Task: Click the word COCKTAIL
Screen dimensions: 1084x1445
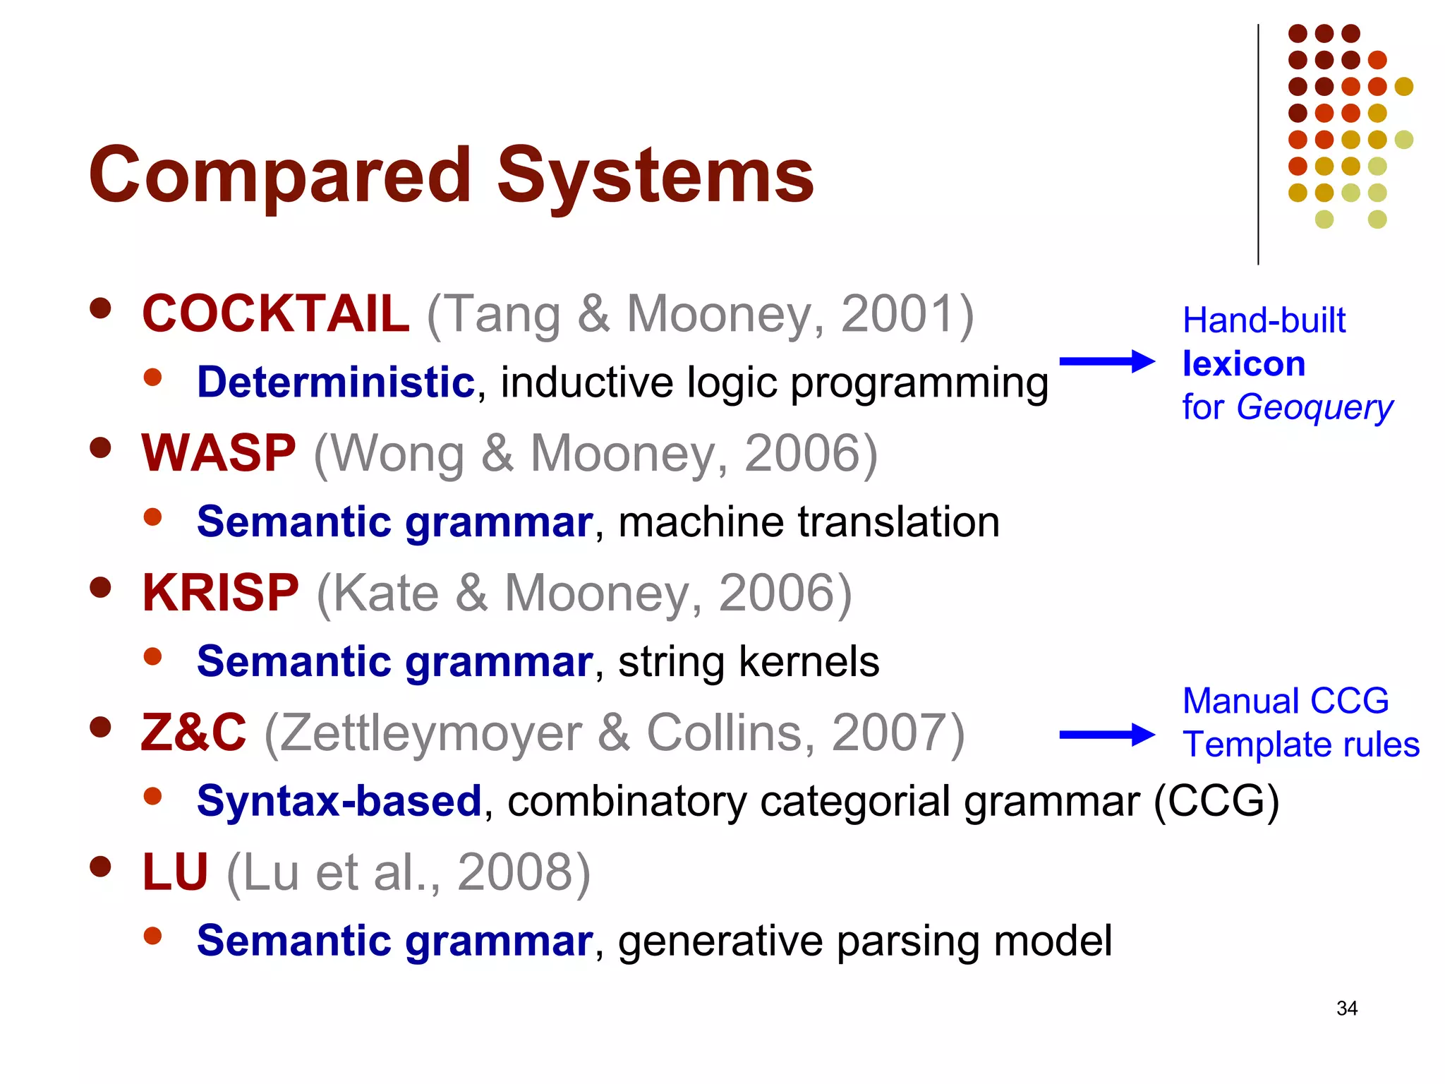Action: click(275, 313)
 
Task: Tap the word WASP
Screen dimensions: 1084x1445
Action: click(218, 453)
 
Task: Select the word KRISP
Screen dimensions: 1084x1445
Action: click(220, 593)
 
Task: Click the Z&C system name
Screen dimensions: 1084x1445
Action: click(194, 733)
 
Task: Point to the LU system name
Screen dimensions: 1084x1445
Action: click(175, 872)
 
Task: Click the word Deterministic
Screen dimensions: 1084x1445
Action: click(336, 383)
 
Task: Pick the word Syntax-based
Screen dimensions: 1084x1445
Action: click(339, 801)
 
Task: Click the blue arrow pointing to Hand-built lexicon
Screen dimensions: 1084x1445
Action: click(1106, 361)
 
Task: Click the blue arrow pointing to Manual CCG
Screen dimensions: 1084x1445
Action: click(1106, 735)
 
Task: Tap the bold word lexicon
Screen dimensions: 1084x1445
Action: click(1243, 364)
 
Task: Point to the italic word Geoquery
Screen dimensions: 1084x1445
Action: click(1314, 408)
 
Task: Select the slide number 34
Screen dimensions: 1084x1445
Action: click(1346, 1008)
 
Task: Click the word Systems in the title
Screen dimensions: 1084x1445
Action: click(655, 175)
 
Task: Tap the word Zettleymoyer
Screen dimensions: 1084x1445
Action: click(431, 733)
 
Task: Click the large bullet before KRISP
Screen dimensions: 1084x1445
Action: click(101, 588)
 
